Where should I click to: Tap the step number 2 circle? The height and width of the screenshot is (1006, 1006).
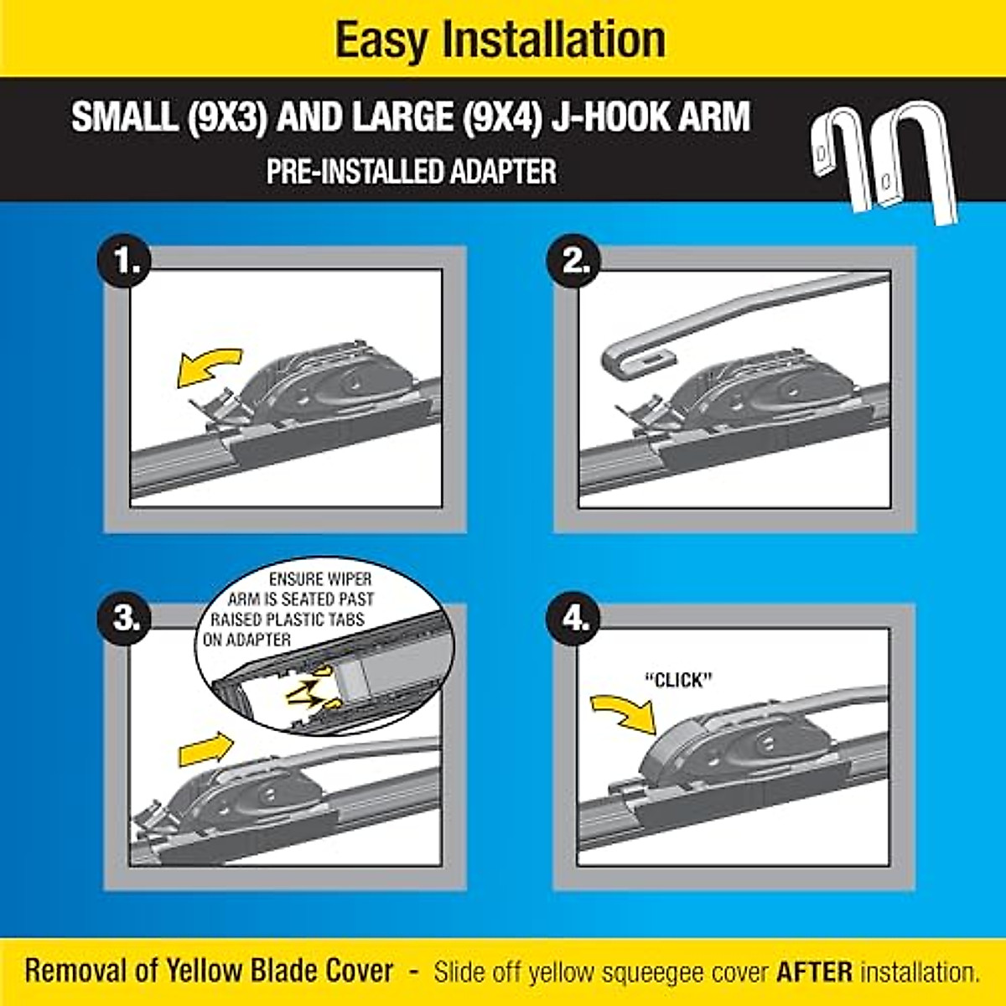(x=575, y=262)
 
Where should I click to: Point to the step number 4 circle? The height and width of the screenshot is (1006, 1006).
(x=575, y=620)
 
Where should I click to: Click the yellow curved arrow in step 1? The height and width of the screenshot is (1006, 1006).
(x=207, y=367)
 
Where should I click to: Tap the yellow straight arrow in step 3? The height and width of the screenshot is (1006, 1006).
(x=205, y=749)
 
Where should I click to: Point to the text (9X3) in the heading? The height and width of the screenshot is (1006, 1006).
(x=227, y=117)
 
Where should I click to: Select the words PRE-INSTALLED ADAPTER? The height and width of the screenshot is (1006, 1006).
(x=411, y=172)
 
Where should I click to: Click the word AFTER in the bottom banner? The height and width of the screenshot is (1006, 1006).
(x=814, y=972)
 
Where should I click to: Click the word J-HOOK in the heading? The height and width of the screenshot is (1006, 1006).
(x=605, y=117)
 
